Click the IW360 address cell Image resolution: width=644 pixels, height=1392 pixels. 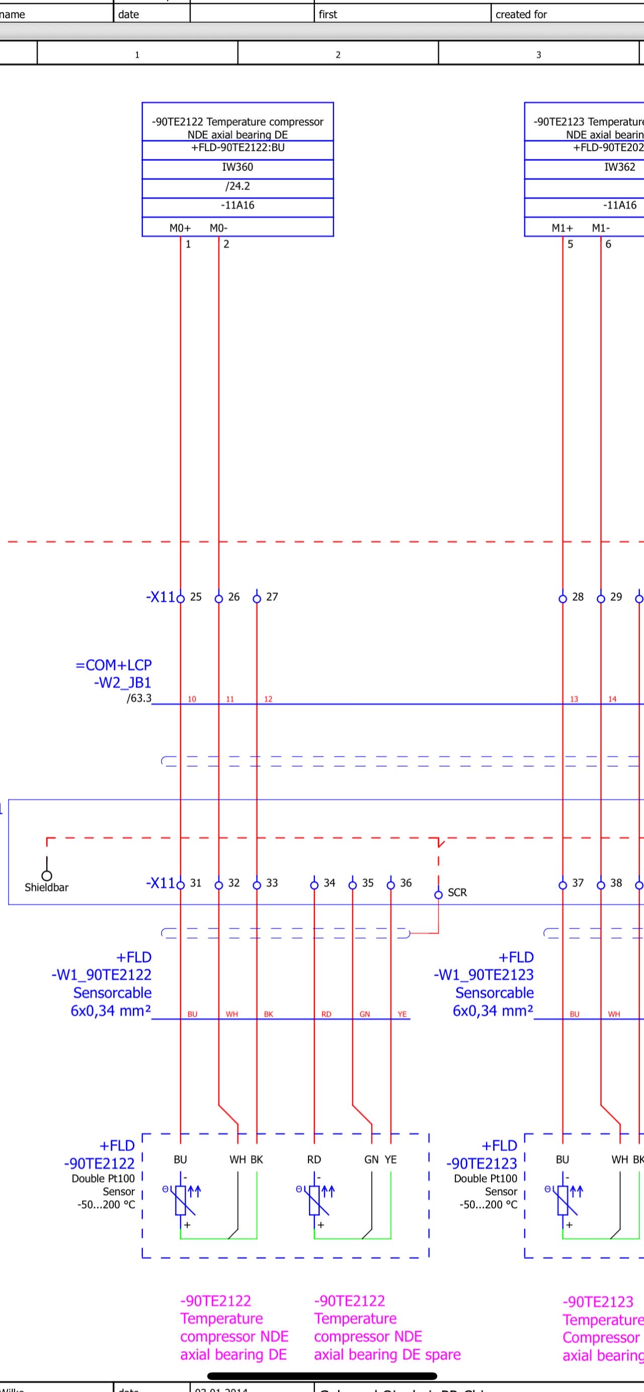click(x=237, y=167)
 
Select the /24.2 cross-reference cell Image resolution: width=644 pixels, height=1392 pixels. click(x=237, y=187)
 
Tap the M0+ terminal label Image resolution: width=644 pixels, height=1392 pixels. click(x=180, y=228)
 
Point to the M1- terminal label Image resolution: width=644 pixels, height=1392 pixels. click(x=601, y=228)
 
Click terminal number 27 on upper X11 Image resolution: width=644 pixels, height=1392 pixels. click(x=272, y=597)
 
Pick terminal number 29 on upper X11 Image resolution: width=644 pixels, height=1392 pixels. click(x=616, y=597)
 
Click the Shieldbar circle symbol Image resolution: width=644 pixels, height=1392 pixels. click(x=47, y=875)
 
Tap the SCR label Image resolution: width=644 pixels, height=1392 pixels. click(x=457, y=892)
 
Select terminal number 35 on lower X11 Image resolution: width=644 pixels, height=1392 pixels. click(x=368, y=882)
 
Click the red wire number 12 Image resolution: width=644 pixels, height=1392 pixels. click(x=268, y=699)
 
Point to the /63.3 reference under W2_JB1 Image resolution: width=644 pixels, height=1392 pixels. click(x=139, y=698)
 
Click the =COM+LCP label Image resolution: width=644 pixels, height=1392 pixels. click(x=114, y=665)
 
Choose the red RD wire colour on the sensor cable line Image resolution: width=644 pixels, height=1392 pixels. click(x=326, y=1014)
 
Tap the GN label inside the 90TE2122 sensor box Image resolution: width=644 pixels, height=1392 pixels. click(x=371, y=1159)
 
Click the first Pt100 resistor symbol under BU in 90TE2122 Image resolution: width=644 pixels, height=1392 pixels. click(x=181, y=1200)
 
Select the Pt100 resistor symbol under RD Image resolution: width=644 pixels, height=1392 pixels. click(x=314, y=1200)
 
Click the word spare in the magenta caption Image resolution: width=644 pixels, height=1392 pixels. click(x=443, y=1354)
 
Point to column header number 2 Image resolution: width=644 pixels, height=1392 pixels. click(x=338, y=55)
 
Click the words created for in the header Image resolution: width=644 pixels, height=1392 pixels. click(x=521, y=15)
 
